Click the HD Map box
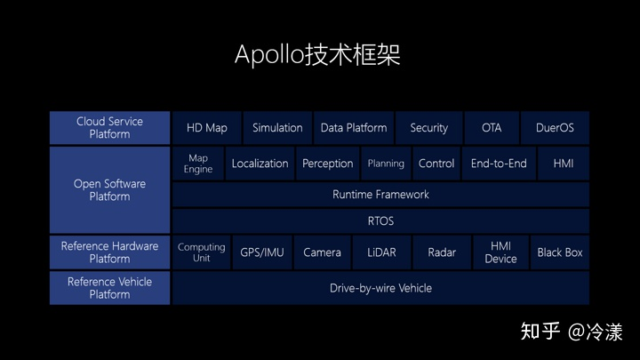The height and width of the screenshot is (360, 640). (206, 128)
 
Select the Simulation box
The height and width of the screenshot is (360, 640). (277, 128)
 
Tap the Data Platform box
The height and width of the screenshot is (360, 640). (354, 128)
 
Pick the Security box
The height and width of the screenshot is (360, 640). (428, 128)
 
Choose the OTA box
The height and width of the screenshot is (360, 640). (492, 128)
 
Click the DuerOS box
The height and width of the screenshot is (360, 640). (555, 128)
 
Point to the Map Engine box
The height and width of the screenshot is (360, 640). (197, 164)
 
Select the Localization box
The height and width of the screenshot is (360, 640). (260, 164)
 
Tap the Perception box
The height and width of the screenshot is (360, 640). (328, 164)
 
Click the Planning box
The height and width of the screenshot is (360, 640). (386, 164)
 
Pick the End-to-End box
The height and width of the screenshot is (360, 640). (499, 164)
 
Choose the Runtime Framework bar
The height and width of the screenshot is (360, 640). (380, 195)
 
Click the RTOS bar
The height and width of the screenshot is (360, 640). (380, 220)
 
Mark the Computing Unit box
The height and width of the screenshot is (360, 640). (202, 252)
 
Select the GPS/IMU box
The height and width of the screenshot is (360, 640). (262, 252)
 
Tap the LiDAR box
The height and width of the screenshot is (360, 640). (382, 252)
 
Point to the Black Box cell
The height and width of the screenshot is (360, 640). (560, 252)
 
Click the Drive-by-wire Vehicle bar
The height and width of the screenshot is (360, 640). (380, 288)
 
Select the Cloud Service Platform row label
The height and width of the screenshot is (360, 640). (109, 128)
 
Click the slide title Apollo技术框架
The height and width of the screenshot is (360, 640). (317, 54)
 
